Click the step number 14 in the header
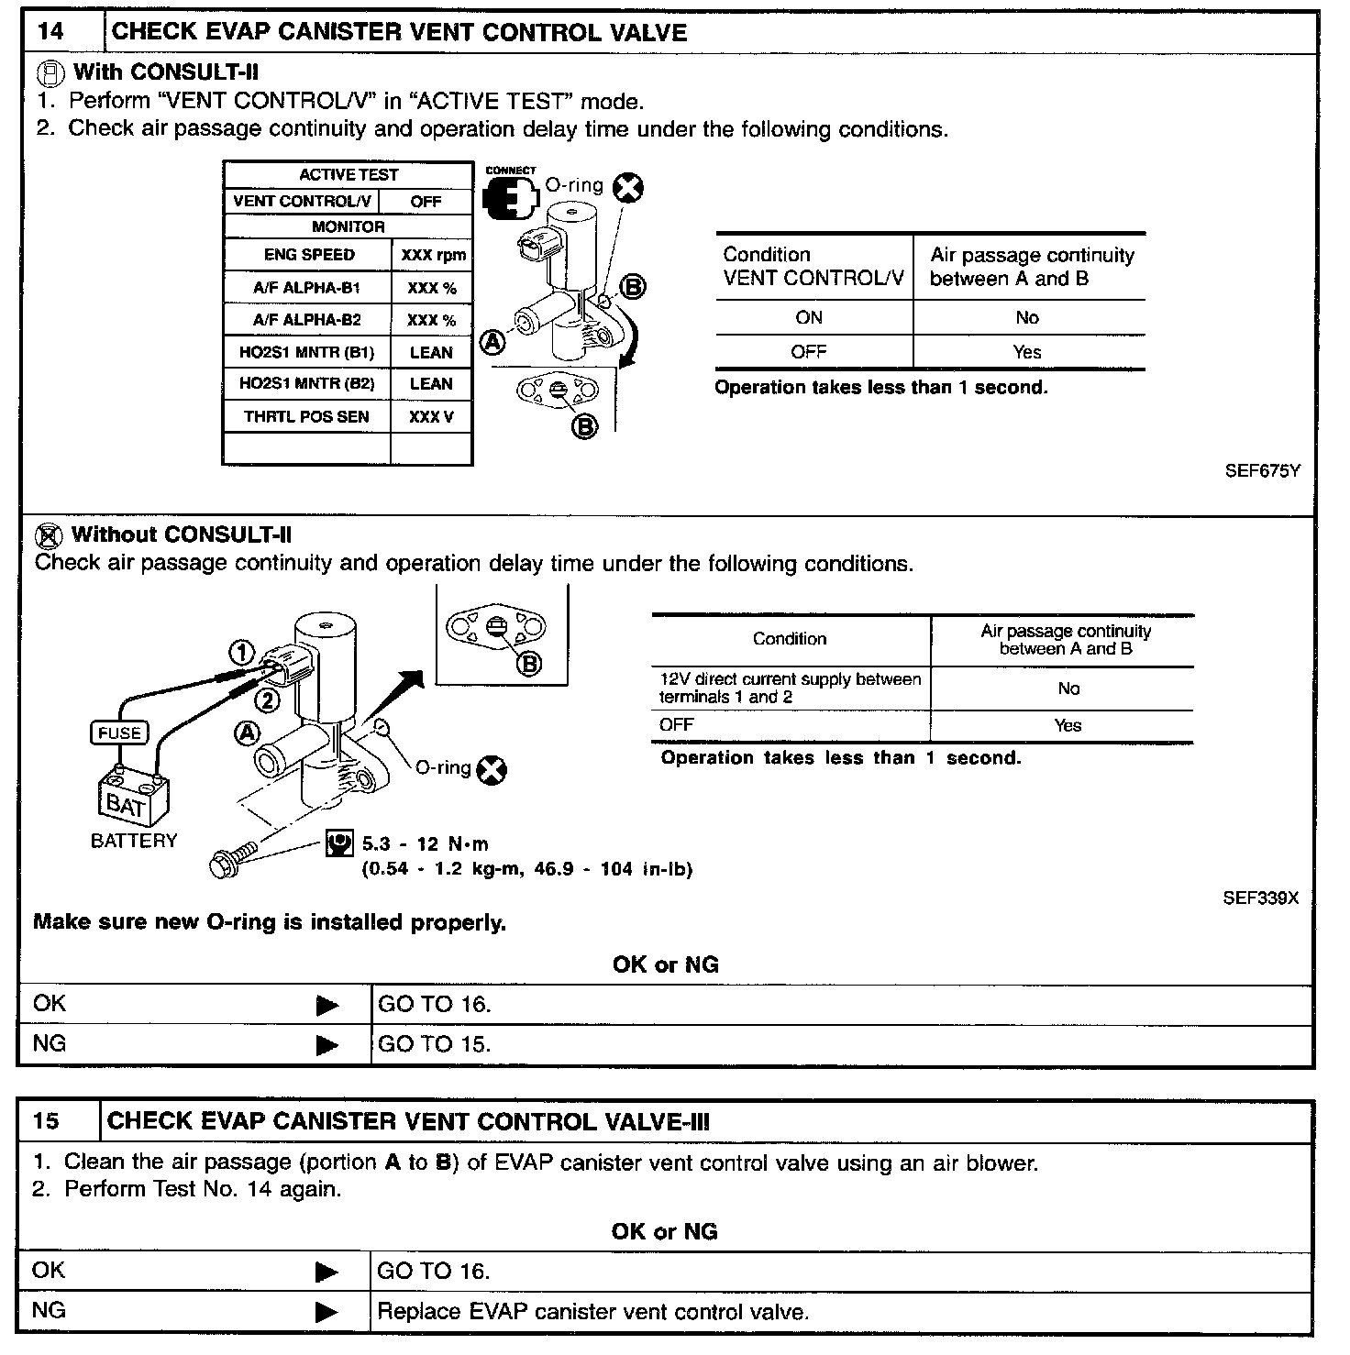tap(51, 32)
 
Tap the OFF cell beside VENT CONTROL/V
tap(426, 202)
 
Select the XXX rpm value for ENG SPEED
tap(433, 256)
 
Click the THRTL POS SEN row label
tap(306, 417)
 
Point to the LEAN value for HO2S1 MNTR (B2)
tap(431, 384)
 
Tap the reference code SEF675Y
tap(1262, 472)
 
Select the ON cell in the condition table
tap(809, 318)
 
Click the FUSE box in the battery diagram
tap(119, 733)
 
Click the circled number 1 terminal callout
tap(241, 653)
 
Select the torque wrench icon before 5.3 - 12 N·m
tap(339, 843)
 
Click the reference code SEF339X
tap(1260, 898)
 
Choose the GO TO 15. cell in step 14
tap(435, 1044)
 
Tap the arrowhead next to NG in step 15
tap(326, 1313)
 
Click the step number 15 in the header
tap(46, 1121)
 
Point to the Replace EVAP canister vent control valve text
tap(592, 1312)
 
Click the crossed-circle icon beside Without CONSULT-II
tap(50, 535)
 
